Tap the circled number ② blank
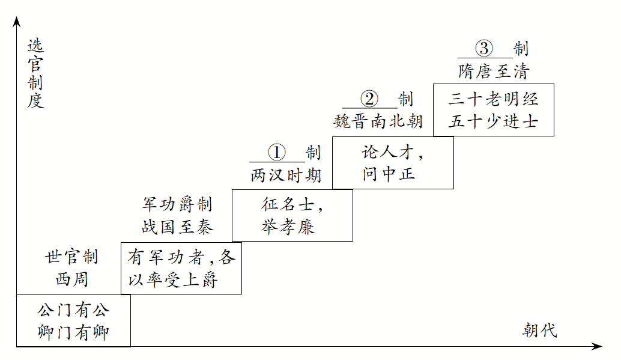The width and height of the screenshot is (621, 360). [369, 99]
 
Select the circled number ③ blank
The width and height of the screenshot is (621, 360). [484, 48]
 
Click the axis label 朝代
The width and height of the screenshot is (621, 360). [539, 330]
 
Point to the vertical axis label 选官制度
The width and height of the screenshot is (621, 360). [35, 73]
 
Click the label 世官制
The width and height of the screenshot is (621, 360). [71, 257]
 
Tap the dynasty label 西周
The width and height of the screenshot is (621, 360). [71, 279]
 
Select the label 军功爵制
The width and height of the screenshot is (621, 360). [177, 204]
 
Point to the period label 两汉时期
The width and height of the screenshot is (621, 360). [286, 175]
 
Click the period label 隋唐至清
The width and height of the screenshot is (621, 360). [494, 72]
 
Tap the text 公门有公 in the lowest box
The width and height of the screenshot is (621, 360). [73, 311]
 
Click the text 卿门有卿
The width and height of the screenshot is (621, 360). [73, 332]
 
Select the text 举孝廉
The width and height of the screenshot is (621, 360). [288, 227]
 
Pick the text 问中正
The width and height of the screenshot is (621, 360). [389, 174]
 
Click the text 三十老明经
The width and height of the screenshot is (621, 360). [493, 99]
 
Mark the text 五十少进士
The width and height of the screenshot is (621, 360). [493, 121]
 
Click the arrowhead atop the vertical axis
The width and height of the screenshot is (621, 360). [17, 22]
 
